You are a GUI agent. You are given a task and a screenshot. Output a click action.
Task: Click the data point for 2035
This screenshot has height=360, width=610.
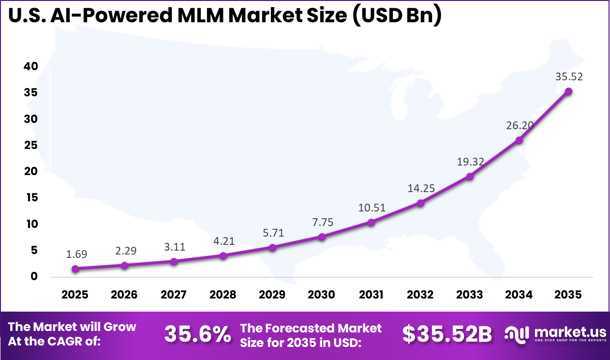pos(568,91)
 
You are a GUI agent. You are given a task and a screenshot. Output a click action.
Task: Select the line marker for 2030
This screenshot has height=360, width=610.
pos(322,237)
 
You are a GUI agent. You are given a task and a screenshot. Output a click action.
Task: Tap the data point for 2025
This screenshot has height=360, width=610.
pos(75,269)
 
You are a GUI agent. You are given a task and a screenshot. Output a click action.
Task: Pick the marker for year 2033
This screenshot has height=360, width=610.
pos(470,176)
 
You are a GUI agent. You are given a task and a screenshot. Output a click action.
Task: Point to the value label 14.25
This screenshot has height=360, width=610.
pos(420,188)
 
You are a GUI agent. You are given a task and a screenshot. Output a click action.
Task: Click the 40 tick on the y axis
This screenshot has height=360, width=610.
pos(30,66)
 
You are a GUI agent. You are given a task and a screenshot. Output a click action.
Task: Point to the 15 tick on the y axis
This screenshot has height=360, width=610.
pos(30,198)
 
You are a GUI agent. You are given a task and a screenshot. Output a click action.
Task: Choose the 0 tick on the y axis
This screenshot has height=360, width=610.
pos(34,277)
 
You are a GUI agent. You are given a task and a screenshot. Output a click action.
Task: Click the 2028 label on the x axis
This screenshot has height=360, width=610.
pos(223,295)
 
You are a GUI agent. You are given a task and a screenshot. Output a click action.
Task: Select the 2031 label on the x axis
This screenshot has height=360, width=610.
pos(371,295)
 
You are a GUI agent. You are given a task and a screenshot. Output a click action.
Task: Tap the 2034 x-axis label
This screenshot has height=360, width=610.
pos(519,295)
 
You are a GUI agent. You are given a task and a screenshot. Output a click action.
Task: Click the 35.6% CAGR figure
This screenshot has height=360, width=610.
pos(197,334)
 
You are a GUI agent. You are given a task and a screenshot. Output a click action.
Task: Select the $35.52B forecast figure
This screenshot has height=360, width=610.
pos(446,334)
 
